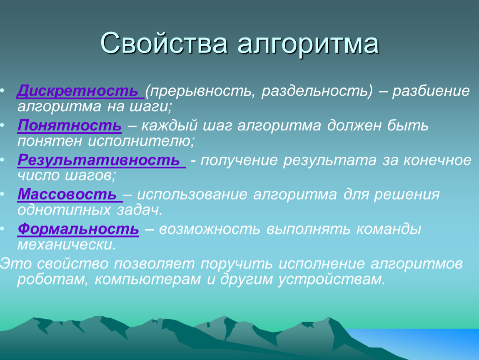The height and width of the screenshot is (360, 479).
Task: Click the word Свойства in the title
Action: coord(164,43)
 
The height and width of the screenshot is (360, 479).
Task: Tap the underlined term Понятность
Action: coord(69,125)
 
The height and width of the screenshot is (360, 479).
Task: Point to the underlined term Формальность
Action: coord(78,229)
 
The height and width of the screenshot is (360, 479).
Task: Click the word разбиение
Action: coord(431,91)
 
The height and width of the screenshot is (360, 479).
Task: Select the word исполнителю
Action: coord(141,141)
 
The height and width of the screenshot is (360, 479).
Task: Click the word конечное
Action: coord(437,160)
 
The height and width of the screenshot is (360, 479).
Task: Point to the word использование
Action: coord(192,194)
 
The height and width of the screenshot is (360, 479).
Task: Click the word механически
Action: coord(67,245)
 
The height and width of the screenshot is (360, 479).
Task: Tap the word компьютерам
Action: coord(147,280)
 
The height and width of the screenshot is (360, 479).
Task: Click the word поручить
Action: coord(236,264)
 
